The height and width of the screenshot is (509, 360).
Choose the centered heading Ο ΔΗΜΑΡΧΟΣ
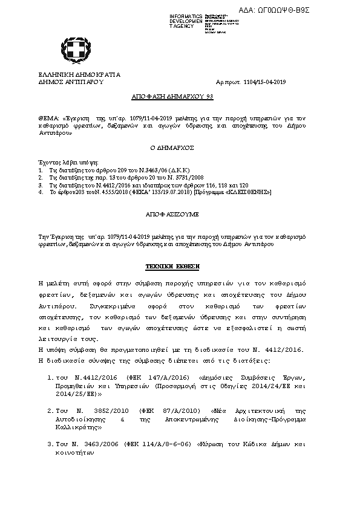click(x=180, y=147)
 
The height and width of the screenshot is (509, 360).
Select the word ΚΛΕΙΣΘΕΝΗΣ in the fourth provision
click(x=249, y=192)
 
